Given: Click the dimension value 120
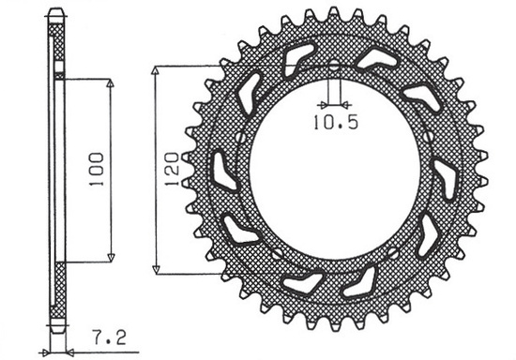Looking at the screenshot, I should [170, 170].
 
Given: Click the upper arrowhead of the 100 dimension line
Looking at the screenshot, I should [111, 82].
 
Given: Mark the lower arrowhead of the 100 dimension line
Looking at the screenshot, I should [111, 259].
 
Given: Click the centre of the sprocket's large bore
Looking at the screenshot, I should [334, 170].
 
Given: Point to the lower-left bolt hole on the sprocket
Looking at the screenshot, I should [277, 254].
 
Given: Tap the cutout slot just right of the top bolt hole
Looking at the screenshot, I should [376, 58].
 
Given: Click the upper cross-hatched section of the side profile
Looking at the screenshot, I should [58, 47].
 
